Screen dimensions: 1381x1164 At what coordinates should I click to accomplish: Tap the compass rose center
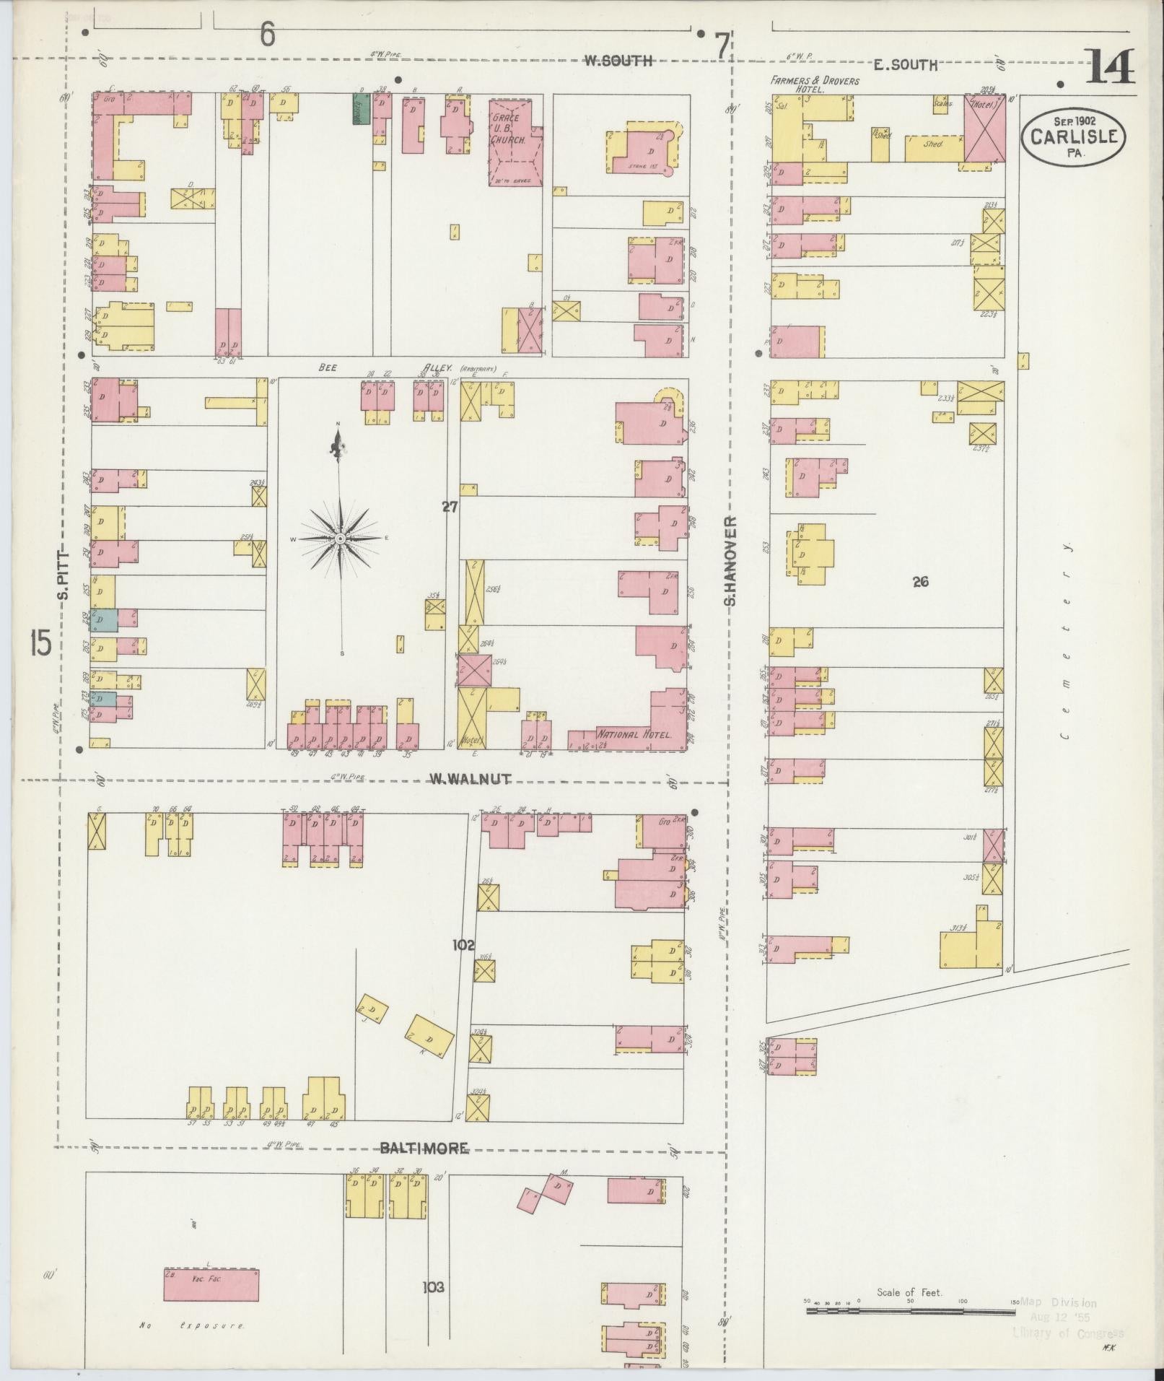pyautogui.click(x=340, y=538)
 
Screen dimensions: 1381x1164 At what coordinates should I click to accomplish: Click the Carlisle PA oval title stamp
pyautogui.click(x=1073, y=136)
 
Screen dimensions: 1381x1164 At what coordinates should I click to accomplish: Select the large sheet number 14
pyautogui.click(x=1109, y=68)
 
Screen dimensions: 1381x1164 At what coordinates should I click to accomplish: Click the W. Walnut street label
pyautogui.click(x=471, y=779)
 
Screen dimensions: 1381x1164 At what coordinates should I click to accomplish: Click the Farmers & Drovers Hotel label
pyautogui.click(x=814, y=85)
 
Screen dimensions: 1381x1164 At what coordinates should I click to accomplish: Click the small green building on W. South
pyautogui.click(x=360, y=110)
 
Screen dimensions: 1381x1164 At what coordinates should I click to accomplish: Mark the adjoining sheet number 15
pyautogui.click(x=40, y=642)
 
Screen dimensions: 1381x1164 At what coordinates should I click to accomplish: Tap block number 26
pyautogui.click(x=919, y=581)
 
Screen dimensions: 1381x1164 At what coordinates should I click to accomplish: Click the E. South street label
pyautogui.click(x=905, y=65)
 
